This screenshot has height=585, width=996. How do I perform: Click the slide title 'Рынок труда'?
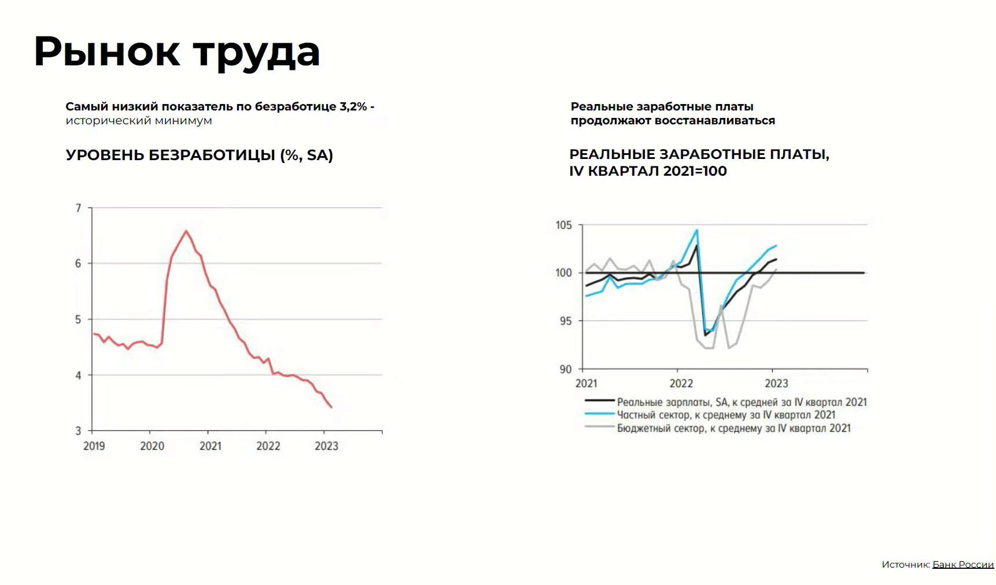tap(176, 52)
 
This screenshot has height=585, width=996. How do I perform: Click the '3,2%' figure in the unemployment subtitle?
tap(353, 106)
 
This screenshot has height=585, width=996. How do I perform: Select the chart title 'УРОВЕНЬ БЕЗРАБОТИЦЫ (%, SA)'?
tap(199, 155)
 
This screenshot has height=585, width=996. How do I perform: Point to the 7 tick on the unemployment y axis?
tap(79, 208)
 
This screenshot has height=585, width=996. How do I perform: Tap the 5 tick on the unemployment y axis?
tap(79, 319)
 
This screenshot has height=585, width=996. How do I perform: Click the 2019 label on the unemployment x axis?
tap(94, 446)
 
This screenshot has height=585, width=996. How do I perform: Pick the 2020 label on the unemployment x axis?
tap(152, 446)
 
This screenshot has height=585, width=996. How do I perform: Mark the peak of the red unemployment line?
tap(186, 231)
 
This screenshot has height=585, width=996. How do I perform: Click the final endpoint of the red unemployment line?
tap(331, 408)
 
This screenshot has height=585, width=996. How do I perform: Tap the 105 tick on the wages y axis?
tap(564, 225)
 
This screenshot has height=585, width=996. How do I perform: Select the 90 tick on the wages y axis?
tap(565, 369)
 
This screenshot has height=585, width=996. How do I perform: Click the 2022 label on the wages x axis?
tap(681, 383)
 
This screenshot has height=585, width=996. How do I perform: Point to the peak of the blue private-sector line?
tap(697, 230)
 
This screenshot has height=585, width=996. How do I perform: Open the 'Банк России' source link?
tap(962, 564)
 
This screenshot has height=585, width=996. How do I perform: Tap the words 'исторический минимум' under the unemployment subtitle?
tap(139, 120)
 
